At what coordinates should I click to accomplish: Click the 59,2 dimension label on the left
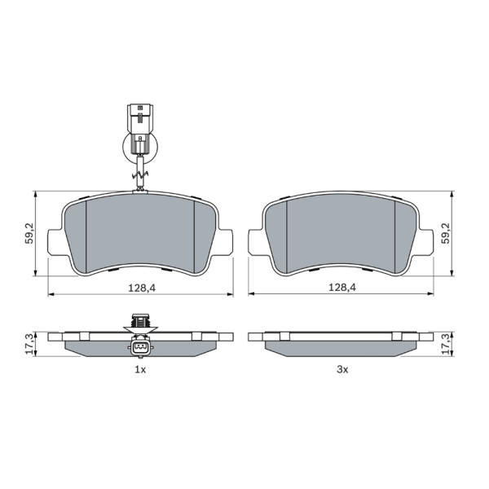(30, 233)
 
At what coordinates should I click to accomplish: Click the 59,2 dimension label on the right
(447, 233)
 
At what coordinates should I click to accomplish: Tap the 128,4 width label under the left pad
(142, 288)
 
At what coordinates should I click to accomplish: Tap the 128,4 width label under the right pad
(341, 287)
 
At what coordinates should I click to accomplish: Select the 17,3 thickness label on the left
(29, 344)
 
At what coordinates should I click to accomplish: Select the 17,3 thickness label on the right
(447, 344)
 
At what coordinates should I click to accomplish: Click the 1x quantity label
(140, 369)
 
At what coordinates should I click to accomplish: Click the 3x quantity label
(342, 369)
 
